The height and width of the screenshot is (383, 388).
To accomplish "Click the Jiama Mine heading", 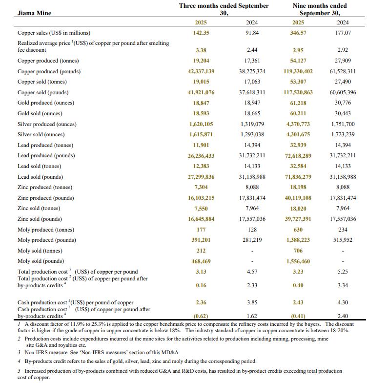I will [34, 13].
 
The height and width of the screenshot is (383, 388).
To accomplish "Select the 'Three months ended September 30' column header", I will [224, 9].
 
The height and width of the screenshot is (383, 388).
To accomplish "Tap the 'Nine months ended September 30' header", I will [319, 9].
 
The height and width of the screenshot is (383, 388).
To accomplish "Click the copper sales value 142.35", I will [201, 33].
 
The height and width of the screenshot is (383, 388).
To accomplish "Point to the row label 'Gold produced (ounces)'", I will [46, 103].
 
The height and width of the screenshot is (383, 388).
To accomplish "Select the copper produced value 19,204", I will [201, 61].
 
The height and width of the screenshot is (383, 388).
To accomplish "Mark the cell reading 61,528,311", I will [343, 71].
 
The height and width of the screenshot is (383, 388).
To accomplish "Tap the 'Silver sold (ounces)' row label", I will [41, 134].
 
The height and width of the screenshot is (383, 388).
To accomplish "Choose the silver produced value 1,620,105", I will [201, 124].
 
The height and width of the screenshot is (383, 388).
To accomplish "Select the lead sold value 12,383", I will [201, 166].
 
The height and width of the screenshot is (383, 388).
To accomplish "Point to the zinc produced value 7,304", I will [201, 187].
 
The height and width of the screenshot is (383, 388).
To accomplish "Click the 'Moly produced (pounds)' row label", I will [45, 240].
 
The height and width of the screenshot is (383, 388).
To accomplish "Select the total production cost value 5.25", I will [343, 272].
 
